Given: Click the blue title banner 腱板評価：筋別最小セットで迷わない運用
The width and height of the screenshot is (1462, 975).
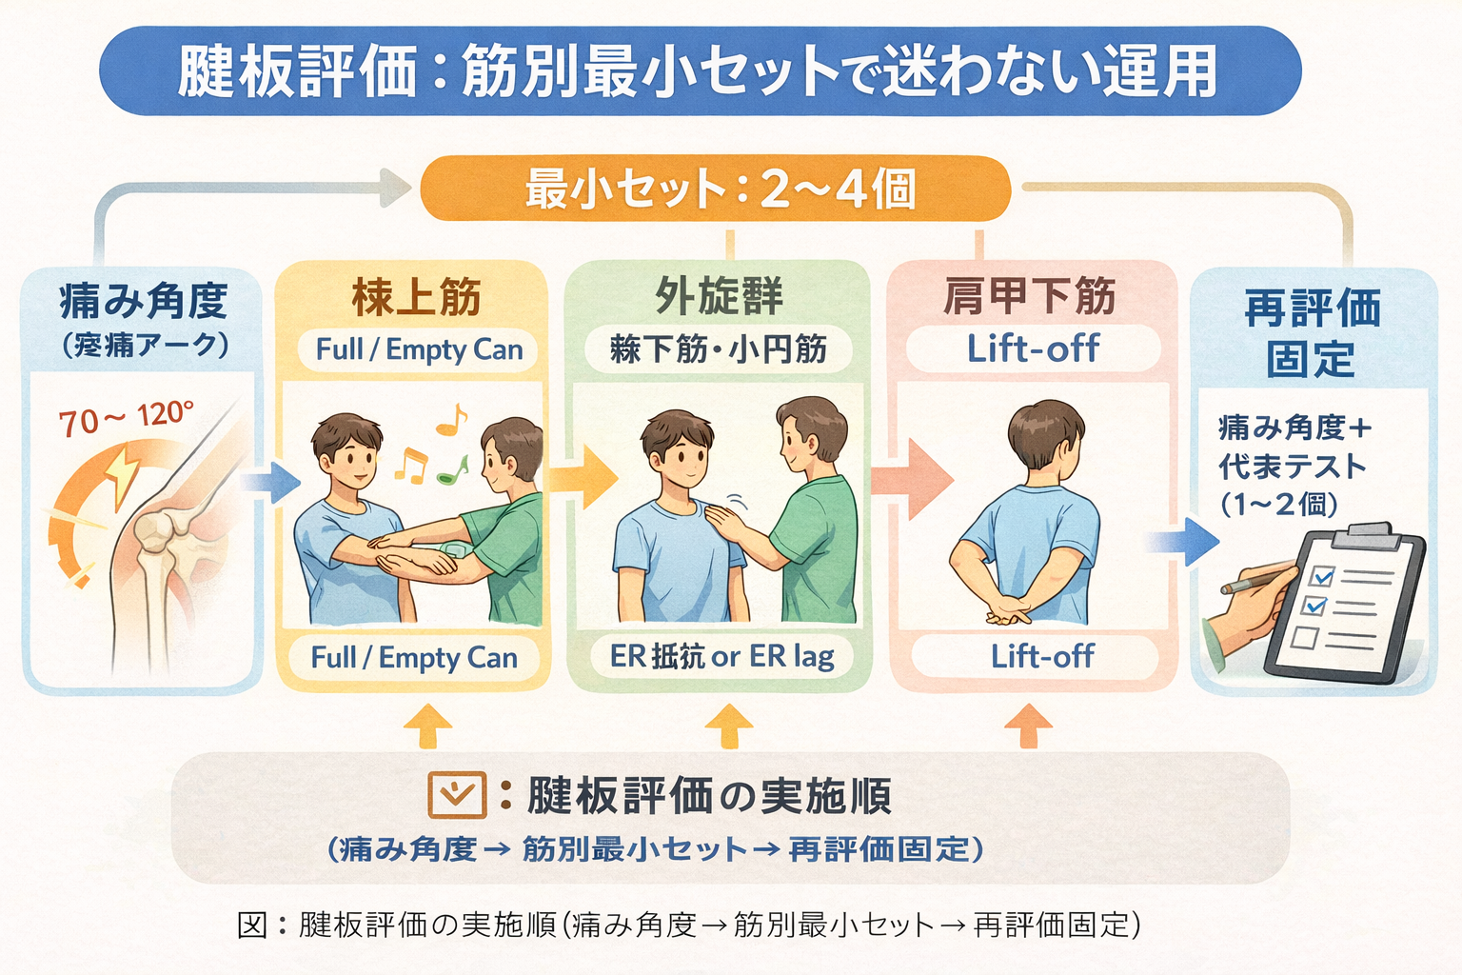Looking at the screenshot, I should click(x=700, y=71).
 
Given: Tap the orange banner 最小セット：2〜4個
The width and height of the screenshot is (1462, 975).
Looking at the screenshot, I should click(x=716, y=189).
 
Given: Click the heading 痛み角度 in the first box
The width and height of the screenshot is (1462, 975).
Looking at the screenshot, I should click(x=143, y=301).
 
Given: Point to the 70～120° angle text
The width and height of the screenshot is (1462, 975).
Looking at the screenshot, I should click(x=126, y=418).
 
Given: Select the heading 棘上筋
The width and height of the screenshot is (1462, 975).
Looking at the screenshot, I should click(x=416, y=297).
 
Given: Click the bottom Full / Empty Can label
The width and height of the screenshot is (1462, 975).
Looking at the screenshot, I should click(x=414, y=657).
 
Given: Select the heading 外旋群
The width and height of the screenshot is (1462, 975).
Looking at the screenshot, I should click(x=719, y=296).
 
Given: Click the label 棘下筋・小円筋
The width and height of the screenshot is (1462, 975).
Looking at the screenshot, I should click(x=719, y=349).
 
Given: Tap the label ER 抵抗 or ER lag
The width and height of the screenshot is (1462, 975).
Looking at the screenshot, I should click(x=721, y=656).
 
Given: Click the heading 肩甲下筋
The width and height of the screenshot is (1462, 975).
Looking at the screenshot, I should click(x=1030, y=296).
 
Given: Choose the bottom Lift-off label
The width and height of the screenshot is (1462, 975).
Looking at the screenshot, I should click(x=1041, y=656).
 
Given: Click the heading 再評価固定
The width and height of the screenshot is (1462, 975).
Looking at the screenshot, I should click(x=1312, y=333).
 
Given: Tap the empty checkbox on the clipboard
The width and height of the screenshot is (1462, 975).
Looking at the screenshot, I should click(x=1305, y=636).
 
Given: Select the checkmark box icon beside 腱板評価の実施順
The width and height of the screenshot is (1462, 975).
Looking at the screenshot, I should click(x=457, y=795).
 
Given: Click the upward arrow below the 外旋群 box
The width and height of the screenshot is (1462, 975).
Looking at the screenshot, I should click(x=729, y=726).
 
